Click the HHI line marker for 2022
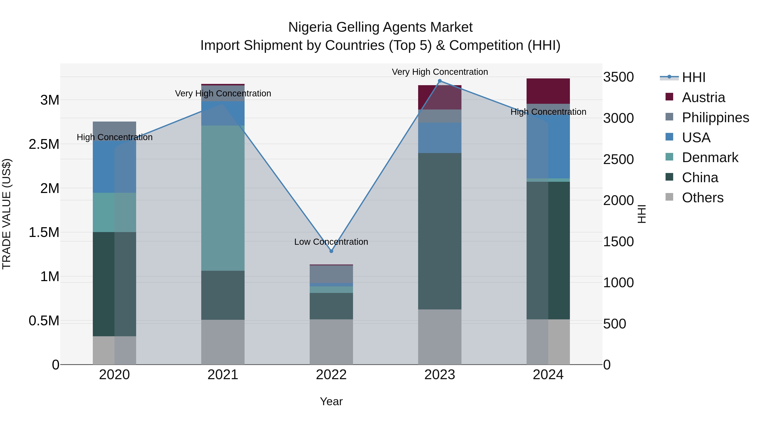coord(331,251)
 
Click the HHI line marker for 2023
coord(440,81)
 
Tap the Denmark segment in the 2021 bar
coord(223,198)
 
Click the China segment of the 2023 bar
coord(440,231)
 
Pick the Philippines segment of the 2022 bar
coord(331,274)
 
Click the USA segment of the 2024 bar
coord(548,148)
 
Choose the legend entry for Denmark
coord(710,157)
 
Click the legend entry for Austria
coord(703,97)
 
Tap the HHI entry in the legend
coord(693,77)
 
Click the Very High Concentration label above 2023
coord(440,72)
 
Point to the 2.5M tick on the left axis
coord(44,144)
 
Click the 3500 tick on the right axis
coord(618,77)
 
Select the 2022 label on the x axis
coord(331,375)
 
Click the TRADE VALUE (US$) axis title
coord(7,214)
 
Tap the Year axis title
coord(331,401)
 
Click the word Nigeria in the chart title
coord(310,27)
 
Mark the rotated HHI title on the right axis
coord(642,214)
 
